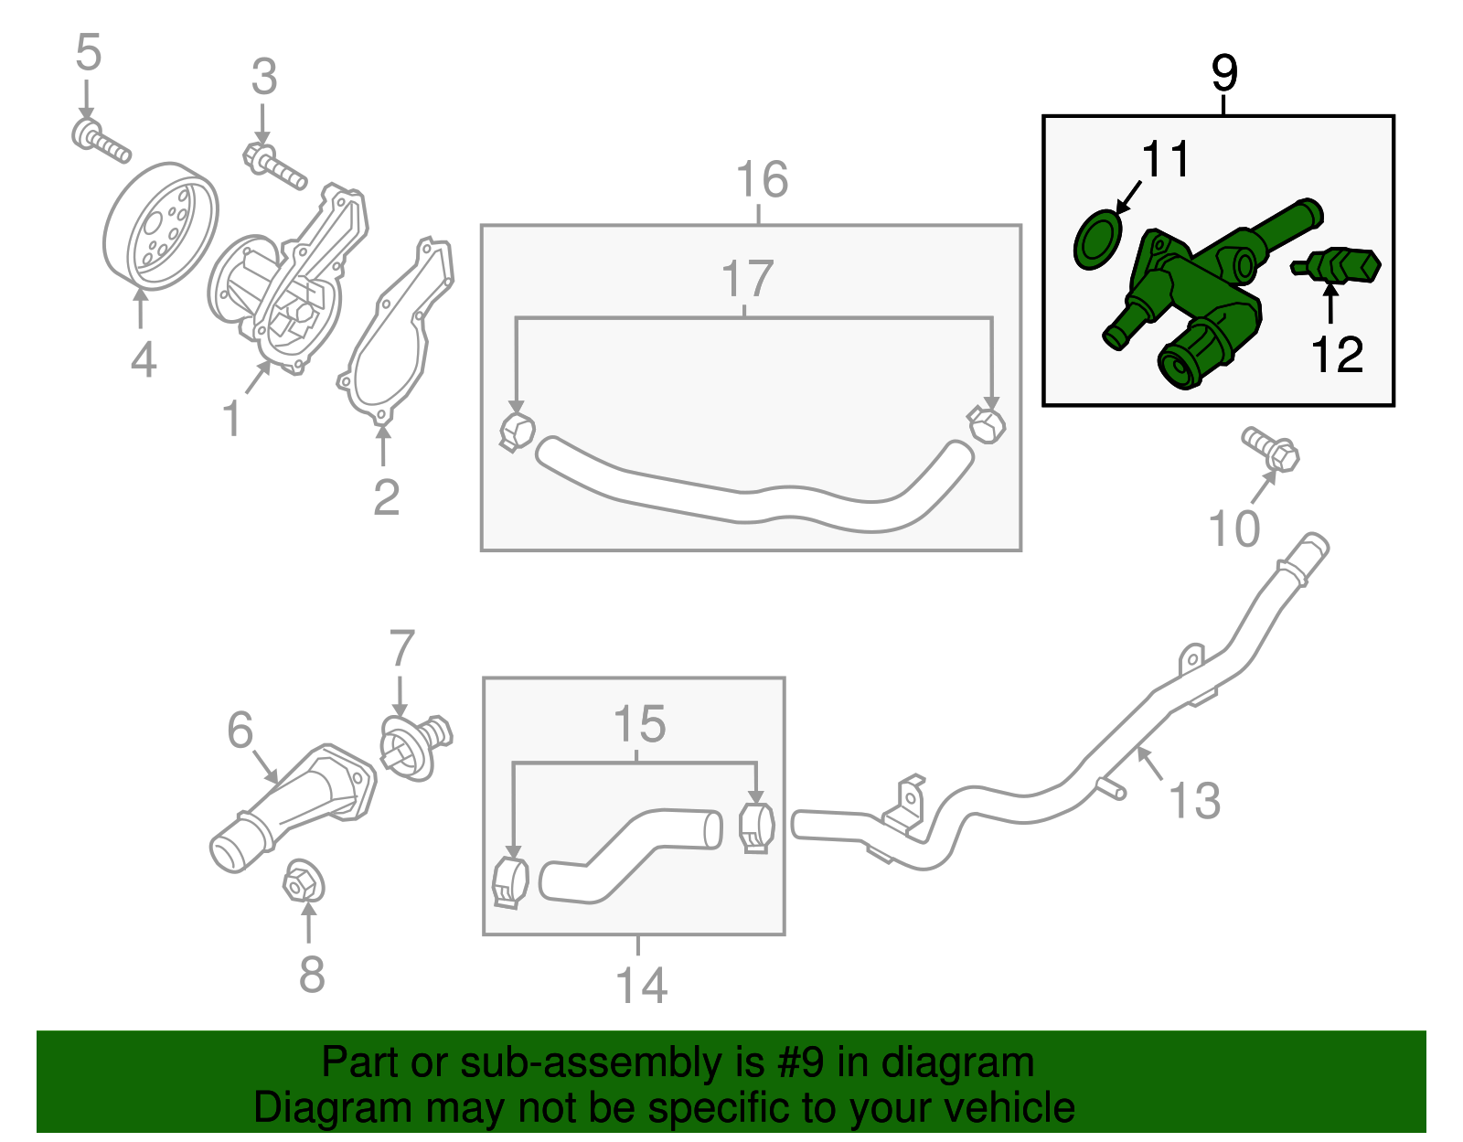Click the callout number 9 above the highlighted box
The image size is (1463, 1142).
(x=1223, y=73)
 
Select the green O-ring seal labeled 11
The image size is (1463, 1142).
(x=1095, y=240)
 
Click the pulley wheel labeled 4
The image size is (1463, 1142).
(x=160, y=226)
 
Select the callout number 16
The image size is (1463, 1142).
(x=762, y=180)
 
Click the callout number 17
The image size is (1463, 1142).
(x=747, y=279)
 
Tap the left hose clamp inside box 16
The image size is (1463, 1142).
(x=517, y=431)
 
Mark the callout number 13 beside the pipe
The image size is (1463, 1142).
(x=1194, y=800)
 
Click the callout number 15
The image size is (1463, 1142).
(x=639, y=724)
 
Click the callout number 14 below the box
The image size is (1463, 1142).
(x=641, y=986)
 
